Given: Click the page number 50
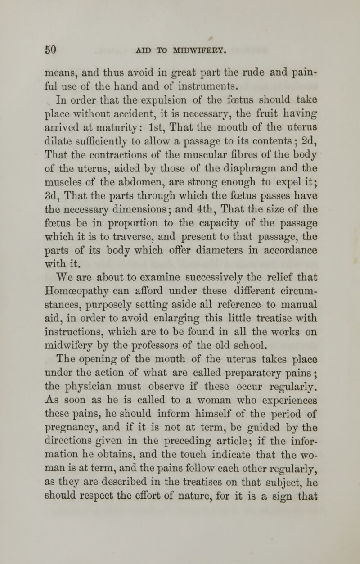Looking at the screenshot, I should [x=57, y=47].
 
